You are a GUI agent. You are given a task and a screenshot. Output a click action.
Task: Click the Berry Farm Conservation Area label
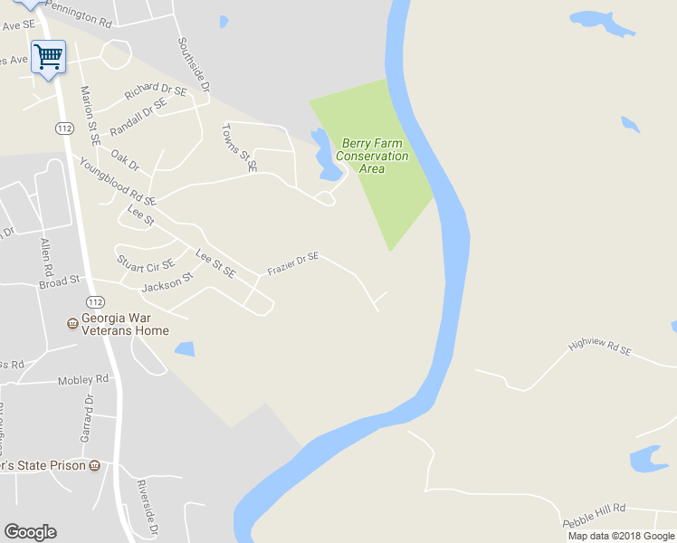pos(372,156)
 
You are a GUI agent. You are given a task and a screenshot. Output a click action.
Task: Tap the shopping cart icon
pos(48,56)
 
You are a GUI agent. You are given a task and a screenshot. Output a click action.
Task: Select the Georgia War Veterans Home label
pos(124,324)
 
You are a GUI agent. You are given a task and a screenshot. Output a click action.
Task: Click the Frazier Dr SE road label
pos(293,263)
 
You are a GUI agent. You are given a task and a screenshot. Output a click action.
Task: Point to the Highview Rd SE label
pos(599,347)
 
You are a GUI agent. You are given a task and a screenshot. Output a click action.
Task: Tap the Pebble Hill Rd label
pos(594,515)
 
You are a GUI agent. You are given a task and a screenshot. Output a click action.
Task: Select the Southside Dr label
pos(194,65)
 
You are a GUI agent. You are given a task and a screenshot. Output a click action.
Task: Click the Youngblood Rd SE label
pos(118,181)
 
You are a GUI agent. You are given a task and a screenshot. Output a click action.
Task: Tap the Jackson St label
pos(168,283)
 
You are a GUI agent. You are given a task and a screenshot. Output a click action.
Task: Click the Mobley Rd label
pos(82,379)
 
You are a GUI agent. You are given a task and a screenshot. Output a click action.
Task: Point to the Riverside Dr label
pos(148,508)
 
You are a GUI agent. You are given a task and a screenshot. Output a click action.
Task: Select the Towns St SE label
pos(240,148)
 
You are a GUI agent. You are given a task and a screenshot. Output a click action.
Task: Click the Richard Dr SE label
pos(156,90)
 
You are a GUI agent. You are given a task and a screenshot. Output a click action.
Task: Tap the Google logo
pos(30,532)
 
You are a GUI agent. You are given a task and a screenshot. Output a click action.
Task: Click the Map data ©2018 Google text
pos(621,536)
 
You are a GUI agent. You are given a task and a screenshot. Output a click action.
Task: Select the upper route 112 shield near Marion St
pos(63,129)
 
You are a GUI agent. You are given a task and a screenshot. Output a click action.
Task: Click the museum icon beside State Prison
pos(95,465)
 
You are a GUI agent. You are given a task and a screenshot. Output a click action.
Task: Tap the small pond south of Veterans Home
pos(185,348)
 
